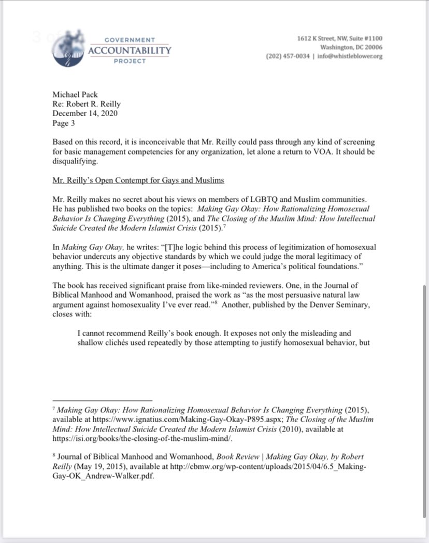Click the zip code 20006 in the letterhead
point(372,48)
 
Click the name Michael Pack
point(75,95)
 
